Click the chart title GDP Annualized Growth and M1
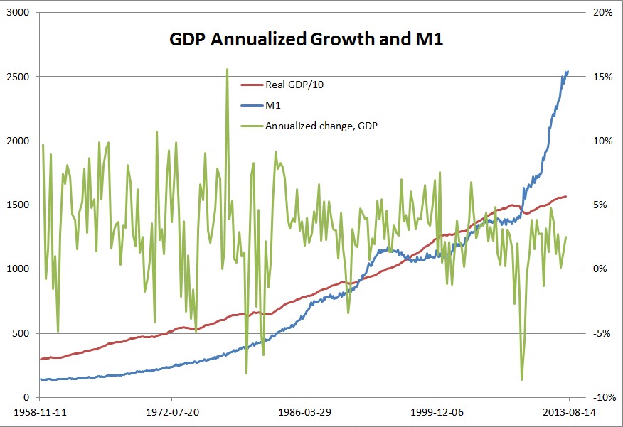[307, 40]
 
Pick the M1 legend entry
[273, 105]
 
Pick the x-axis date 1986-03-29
[304, 411]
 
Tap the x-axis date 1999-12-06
[436, 411]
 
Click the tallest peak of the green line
[227, 69]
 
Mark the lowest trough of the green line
[522, 380]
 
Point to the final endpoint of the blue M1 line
[568, 71]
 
